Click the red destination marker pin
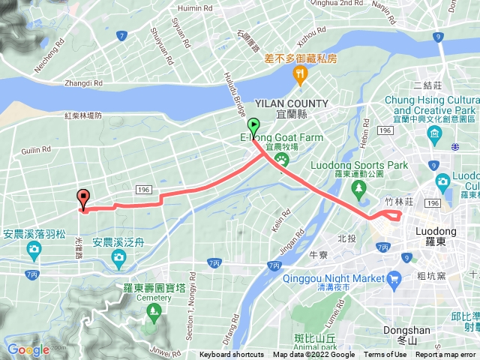82,198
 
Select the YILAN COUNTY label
291,103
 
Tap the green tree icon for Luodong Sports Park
358,186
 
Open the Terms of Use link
385,355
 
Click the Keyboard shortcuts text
232,355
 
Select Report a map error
446,355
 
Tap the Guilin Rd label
36,151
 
